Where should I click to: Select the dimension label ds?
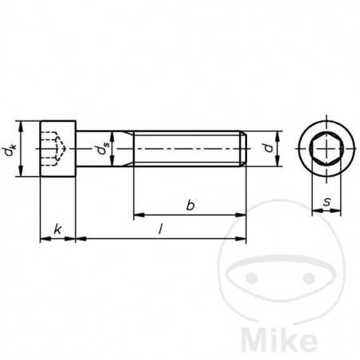[100, 149]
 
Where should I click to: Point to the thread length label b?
[190, 205]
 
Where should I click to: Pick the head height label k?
[57, 229]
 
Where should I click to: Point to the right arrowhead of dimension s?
[338, 213]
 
